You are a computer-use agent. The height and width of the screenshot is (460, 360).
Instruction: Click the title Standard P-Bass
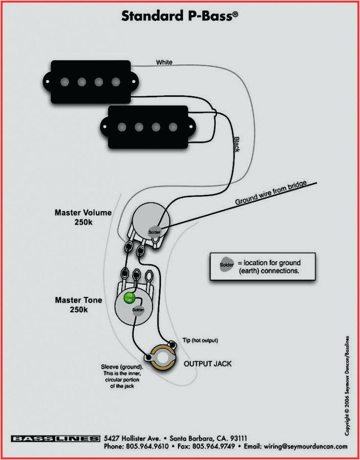pyautogui.click(x=179, y=16)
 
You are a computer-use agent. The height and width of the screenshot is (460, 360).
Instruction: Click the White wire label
pyautogui.click(x=164, y=62)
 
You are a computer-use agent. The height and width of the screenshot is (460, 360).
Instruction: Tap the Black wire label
pyautogui.click(x=237, y=144)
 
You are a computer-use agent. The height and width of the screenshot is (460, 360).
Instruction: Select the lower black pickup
pyautogui.click(x=147, y=126)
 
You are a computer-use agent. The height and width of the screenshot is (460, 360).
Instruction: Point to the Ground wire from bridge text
pyautogui.click(x=271, y=194)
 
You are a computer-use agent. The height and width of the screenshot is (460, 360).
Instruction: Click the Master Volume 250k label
pyautogui.click(x=83, y=217)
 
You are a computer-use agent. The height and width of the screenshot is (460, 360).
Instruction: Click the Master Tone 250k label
pyautogui.click(x=79, y=305)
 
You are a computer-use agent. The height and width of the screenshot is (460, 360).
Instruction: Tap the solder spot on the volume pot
pyautogui.click(x=155, y=232)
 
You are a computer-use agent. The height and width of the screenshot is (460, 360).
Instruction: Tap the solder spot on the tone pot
pyautogui.click(x=138, y=310)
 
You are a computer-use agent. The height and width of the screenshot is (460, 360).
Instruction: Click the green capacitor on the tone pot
pyautogui.click(x=131, y=297)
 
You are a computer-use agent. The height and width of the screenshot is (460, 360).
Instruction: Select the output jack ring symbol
pyautogui.click(x=162, y=358)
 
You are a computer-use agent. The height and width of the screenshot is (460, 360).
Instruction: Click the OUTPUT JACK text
pyautogui.click(x=208, y=364)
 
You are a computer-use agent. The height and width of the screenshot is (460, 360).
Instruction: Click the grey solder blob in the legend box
pyautogui.click(x=226, y=264)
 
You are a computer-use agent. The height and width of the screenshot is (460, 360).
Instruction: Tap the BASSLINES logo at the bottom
pyautogui.click(x=56, y=439)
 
